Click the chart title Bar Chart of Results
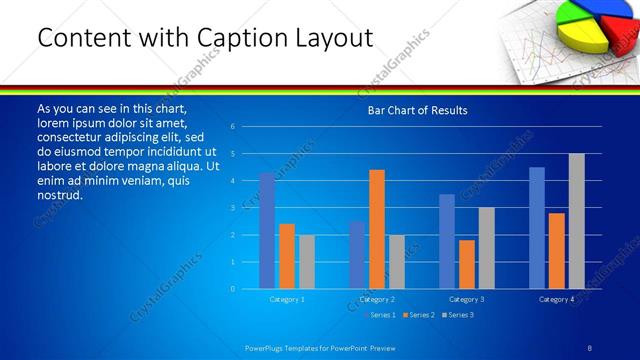[417, 110]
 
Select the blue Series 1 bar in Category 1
[267, 231]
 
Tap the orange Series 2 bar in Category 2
[377, 229]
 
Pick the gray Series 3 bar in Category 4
[576, 221]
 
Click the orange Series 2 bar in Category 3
[467, 264]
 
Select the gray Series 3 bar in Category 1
[307, 262]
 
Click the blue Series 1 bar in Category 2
[357, 255]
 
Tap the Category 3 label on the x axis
[467, 299]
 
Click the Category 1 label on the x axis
[287, 299]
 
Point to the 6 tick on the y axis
[232, 127]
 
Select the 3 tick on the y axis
[232, 208]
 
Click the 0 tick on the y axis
[232, 289]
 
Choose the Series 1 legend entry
[380, 315]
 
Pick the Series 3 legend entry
[461, 315]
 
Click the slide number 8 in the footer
[590, 347]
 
